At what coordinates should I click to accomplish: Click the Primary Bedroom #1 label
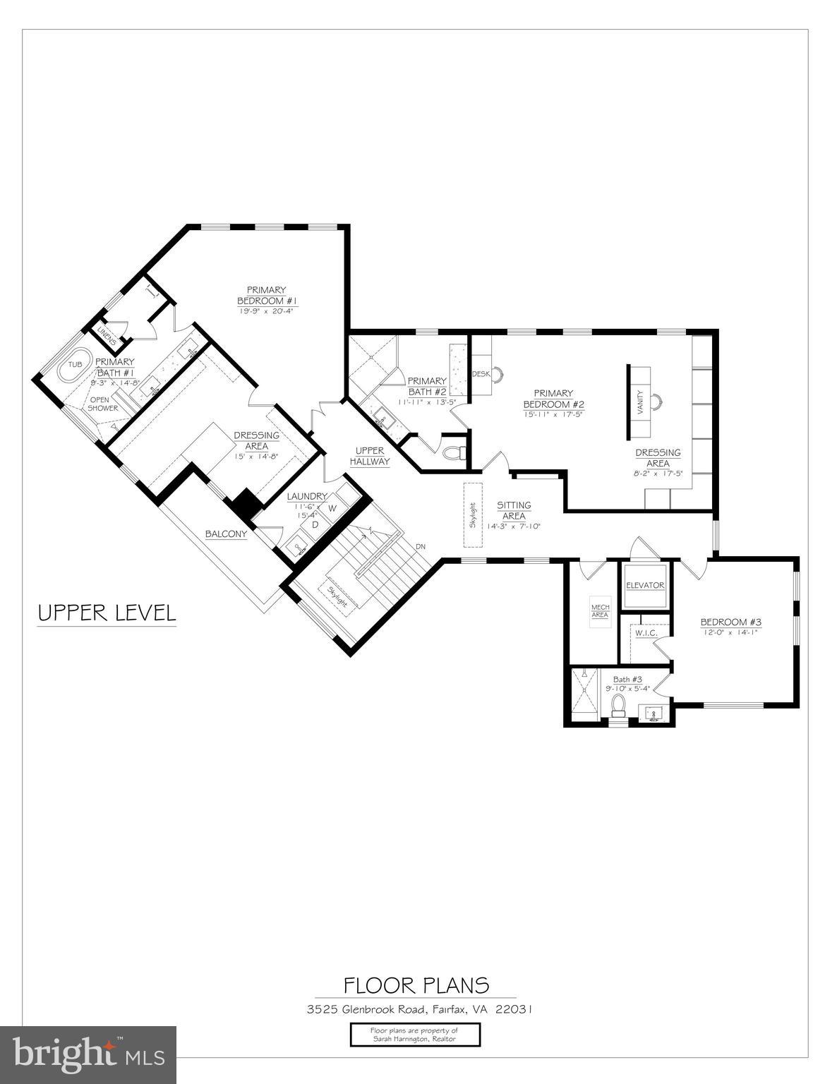(267, 295)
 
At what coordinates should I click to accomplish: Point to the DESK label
(481, 374)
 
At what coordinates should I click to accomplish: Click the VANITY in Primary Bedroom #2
(640, 403)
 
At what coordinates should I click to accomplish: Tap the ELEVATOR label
(645, 585)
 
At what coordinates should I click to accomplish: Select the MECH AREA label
(600, 610)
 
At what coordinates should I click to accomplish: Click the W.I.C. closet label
(646, 633)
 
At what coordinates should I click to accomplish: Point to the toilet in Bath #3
(619, 705)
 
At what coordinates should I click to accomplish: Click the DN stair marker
(421, 546)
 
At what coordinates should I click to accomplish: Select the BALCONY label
(226, 534)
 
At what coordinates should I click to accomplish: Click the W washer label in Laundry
(331, 508)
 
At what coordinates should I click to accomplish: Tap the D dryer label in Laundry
(315, 524)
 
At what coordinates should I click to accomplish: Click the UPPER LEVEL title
(106, 613)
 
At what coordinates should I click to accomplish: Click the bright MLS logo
(88, 1054)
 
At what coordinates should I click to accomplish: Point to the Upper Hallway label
(371, 456)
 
